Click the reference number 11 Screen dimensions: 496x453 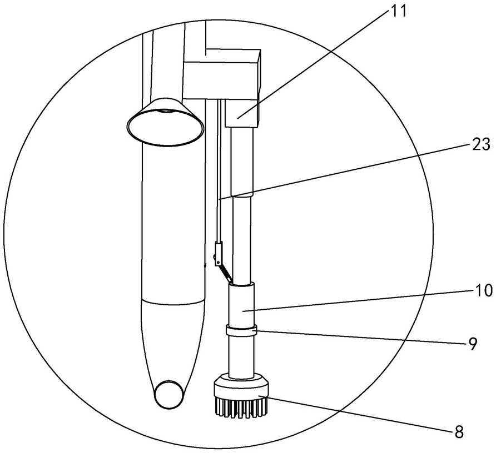tap(397, 11)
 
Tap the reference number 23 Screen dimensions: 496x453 tap(481, 145)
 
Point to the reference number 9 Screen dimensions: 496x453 tap(472, 344)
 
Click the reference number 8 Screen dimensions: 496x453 tap(459, 432)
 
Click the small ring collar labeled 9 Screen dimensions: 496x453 tap(241, 331)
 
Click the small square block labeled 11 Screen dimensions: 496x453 tap(242, 113)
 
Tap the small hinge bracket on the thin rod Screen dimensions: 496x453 tap(219, 254)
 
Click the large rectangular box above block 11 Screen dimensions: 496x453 tap(221, 74)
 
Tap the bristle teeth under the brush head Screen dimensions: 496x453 tap(241, 407)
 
